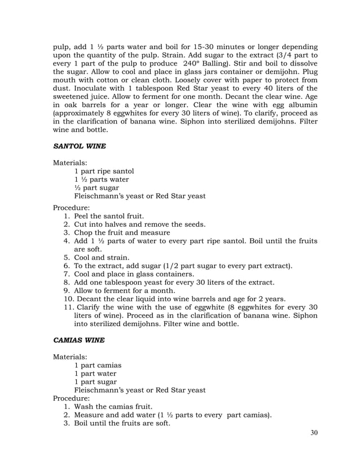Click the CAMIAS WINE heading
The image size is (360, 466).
coord(80,341)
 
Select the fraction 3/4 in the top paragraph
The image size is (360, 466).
coord(290,55)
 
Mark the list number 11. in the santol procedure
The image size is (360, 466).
coord(68,307)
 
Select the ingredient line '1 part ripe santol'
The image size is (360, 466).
coord(104,171)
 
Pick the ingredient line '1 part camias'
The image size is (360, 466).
coord(98,365)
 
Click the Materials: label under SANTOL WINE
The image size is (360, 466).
coord(71,162)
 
